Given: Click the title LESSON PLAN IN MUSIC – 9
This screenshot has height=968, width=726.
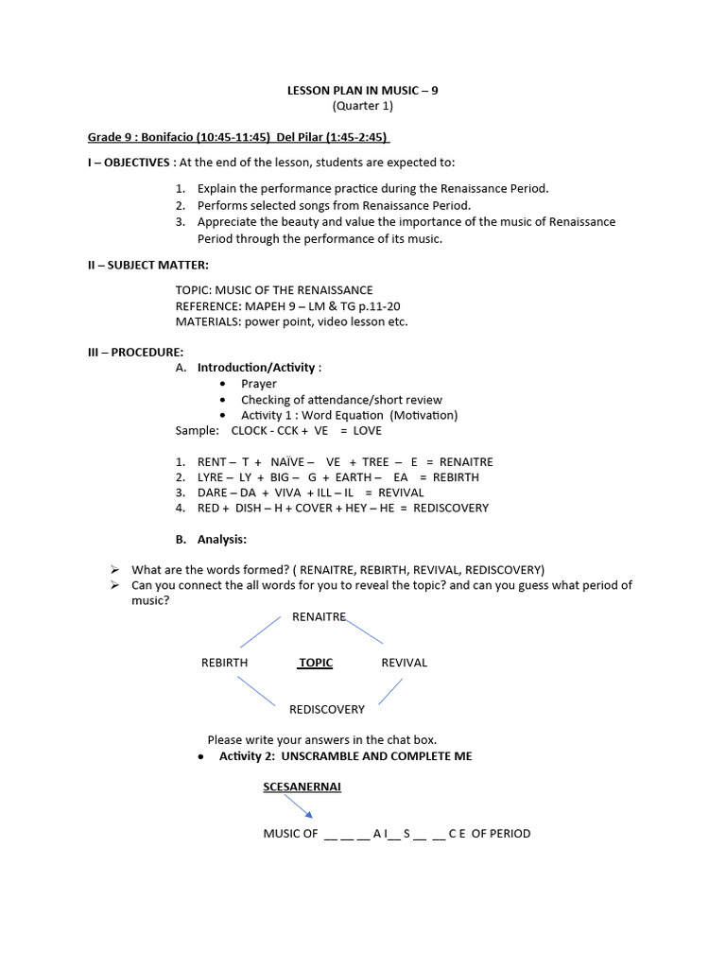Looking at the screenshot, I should tap(363, 91).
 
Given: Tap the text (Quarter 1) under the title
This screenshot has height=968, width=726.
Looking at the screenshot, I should tap(363, 106).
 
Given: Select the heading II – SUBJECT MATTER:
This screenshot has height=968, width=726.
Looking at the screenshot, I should tap(148, 266).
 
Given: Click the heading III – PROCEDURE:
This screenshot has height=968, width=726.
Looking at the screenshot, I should tap(136, 353).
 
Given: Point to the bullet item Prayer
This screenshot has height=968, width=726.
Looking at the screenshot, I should tap(259, 384).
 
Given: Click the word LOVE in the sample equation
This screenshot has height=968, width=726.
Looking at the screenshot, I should tap(368, 430).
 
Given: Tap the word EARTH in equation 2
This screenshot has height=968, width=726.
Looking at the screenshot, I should tap(354, 477).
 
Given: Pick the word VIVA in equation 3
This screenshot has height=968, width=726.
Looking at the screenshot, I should tap(287, 493).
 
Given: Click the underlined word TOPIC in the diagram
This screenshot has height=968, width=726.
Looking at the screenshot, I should tap(316, 663).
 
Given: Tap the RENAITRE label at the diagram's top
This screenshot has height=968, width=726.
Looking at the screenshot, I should tap(320, 616).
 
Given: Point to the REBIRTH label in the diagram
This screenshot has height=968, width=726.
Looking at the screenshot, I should tap(224, 663).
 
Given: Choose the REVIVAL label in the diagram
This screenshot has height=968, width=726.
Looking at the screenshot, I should tap(404, 663).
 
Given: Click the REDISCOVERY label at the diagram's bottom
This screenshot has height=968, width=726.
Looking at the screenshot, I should tap(327, 709).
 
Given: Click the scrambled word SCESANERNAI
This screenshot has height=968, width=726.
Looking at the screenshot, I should tap(302, 786).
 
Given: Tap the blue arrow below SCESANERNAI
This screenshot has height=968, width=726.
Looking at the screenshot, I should tap(298, 805).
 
